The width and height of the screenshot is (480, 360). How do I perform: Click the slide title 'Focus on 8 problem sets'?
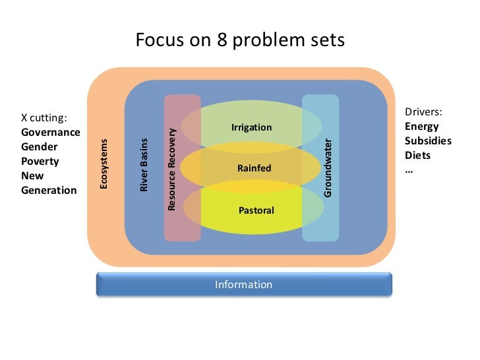coord(240,41)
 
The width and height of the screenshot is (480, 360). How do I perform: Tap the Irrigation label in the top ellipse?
coord(251,127)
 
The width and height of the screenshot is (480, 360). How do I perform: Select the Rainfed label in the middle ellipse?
coord(254,169)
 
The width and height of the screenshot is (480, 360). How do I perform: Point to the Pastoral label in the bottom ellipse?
coord(256,211)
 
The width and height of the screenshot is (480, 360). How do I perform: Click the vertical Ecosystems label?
coord(104,164)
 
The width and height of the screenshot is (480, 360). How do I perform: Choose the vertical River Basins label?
coord(144,165)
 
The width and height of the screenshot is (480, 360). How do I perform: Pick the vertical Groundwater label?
coord(328,167)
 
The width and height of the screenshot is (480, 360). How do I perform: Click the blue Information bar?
coord(244,285)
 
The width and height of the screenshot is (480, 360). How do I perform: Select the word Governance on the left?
coord(51,133)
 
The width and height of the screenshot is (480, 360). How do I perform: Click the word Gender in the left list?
coord(40,147)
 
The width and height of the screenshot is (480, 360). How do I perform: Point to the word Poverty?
coord(40,162)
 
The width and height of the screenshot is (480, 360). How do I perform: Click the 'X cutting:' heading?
coord(44,118)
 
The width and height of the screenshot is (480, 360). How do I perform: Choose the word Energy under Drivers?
coord(421,127)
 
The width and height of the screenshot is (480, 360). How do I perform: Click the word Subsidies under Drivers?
coord(428,141)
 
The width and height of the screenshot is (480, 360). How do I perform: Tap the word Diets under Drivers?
coord(417,156)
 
